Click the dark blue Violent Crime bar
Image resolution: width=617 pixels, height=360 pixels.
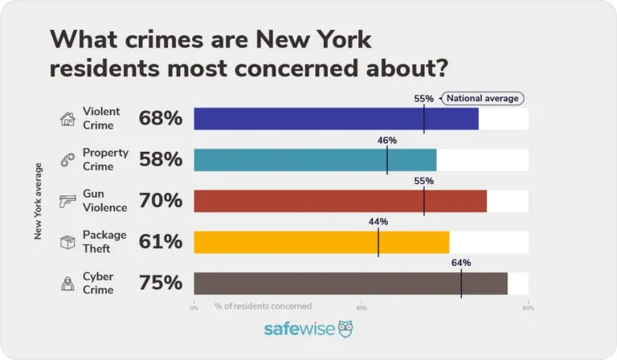tap(336, 119)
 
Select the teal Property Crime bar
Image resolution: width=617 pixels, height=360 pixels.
tap(315, 160)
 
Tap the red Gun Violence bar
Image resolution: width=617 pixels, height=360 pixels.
tap(340, 201)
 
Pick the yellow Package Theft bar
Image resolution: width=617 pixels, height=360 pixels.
tap(321, 242)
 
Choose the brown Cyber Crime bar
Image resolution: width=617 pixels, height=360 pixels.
tap(350, 283)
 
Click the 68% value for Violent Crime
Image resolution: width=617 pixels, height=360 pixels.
tap(161, 119)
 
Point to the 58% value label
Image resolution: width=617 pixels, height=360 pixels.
tap(161, 160)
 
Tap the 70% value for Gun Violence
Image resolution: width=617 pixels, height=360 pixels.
tap(161, 201)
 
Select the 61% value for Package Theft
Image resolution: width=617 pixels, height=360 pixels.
tap(161, 242)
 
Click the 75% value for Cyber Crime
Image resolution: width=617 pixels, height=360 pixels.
tap(161, 283)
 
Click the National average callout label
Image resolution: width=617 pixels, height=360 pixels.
tap(482, 98)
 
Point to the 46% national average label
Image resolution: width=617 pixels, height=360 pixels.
tap(387, 140)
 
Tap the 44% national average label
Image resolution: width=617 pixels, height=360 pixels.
tap(378, 222)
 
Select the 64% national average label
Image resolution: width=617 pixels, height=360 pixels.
tap(461, 263)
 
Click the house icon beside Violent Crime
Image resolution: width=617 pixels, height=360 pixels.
tap(67, 119)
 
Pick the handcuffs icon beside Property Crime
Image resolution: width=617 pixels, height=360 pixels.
tap(67, 160)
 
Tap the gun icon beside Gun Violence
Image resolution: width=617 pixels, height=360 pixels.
tap(67, 201)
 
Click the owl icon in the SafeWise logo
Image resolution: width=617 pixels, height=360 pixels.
tap(345, 329)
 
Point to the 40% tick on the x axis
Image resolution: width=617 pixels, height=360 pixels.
tap(362, 307)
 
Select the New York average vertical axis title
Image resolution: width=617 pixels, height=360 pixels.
tap(38, 201)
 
